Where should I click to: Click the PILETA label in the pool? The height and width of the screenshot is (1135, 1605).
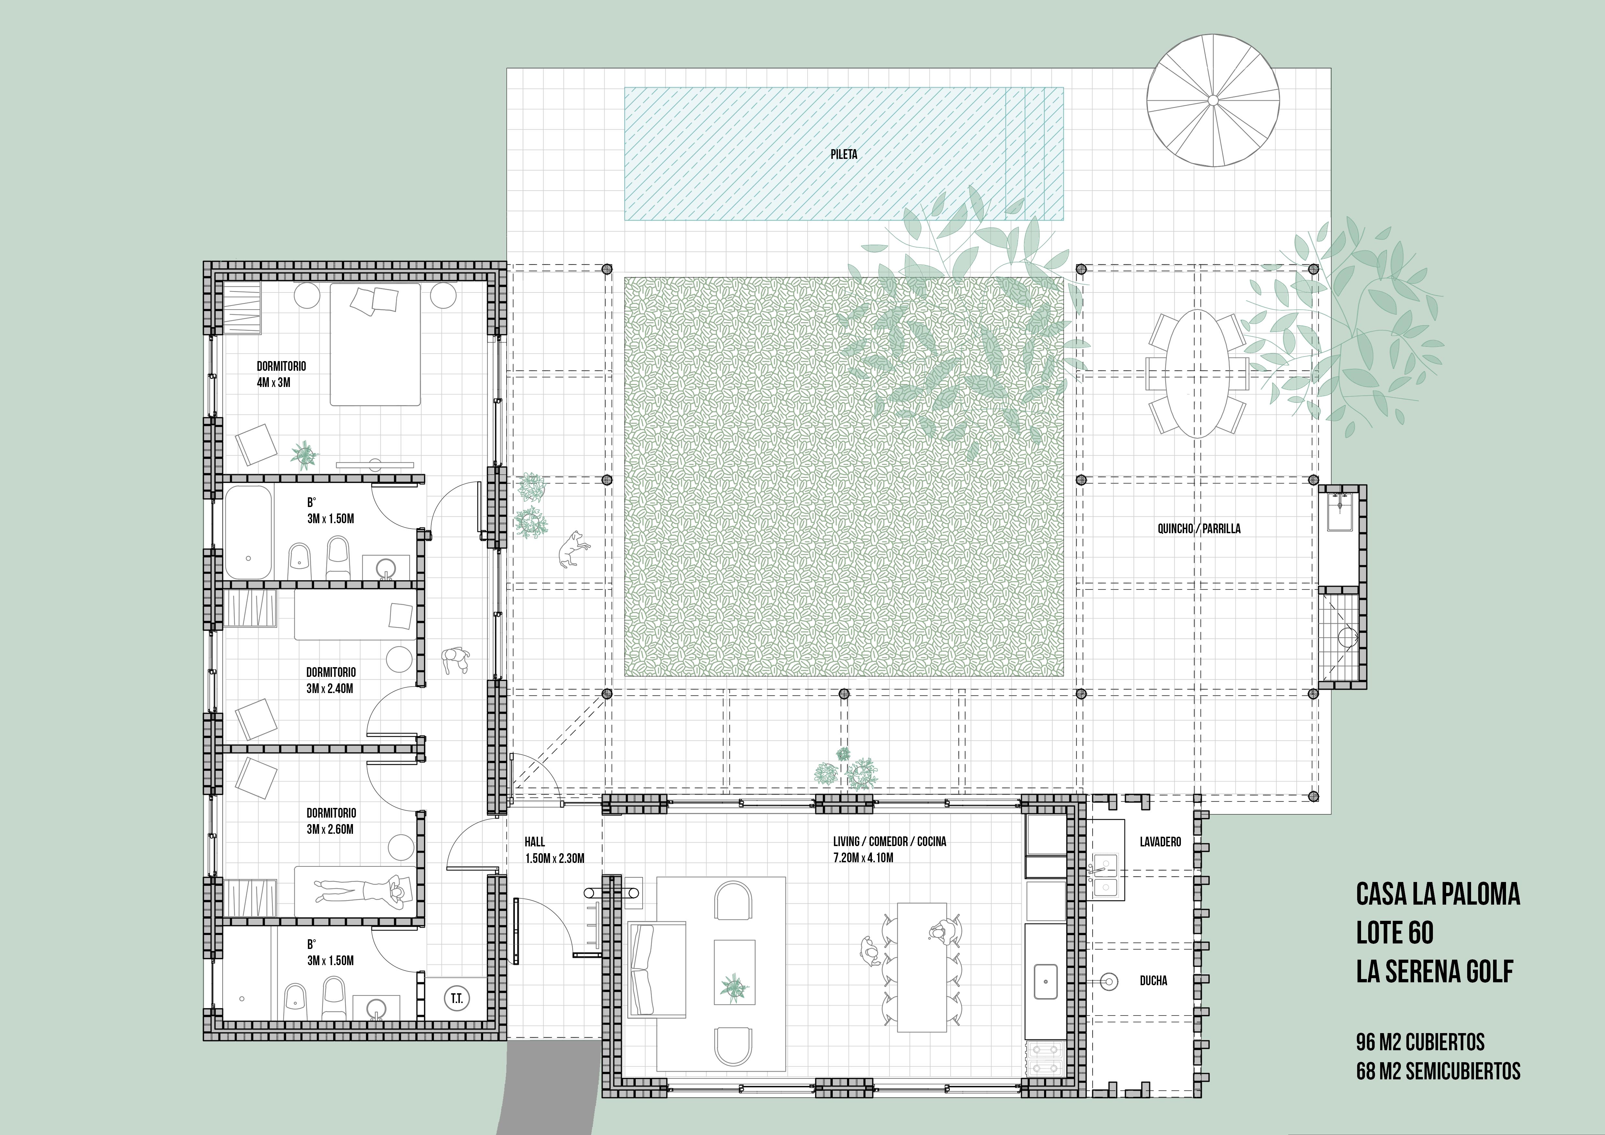pyautogui.click(x=844, y=154)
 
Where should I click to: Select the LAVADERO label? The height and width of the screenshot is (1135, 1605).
pyautogui.click(x=1160, y=842)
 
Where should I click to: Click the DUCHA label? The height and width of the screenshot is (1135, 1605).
pyautogui.click(x=1153, y=981)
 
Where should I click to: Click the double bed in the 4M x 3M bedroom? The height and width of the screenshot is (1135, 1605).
pyautogui.click(x=375, y=345)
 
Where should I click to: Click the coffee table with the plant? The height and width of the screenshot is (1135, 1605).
pyautogui.click(x=734, y=972)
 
